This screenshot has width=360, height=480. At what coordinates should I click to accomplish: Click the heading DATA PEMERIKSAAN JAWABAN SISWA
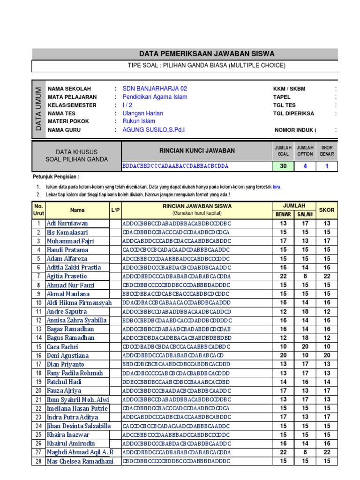(x=207, y=54)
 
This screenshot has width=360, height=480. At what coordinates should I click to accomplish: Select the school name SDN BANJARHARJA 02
(x=155, y=89)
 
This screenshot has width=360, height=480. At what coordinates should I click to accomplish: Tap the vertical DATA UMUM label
(x=38, y=109)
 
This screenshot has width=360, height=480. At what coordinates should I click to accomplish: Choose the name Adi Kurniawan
(x=67, y=224)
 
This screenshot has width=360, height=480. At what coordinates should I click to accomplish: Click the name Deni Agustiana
(x=67, y=356)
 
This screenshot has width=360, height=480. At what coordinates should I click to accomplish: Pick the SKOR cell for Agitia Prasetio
(x=327, y=277)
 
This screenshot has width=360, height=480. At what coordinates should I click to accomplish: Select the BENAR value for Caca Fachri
(x=283, y=347)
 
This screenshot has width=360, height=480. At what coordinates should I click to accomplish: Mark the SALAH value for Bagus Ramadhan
(x=305, y=338)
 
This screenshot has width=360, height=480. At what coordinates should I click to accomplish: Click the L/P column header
(x=116, y=210)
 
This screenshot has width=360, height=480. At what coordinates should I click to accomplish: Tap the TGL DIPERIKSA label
(x=293, y=113)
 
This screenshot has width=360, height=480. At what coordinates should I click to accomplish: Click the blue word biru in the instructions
(x=277, y=186)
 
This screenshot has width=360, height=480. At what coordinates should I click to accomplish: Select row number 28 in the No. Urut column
(x=38, y=462)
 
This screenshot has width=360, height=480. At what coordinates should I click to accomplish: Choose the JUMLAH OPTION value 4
(x=305, y=166)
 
